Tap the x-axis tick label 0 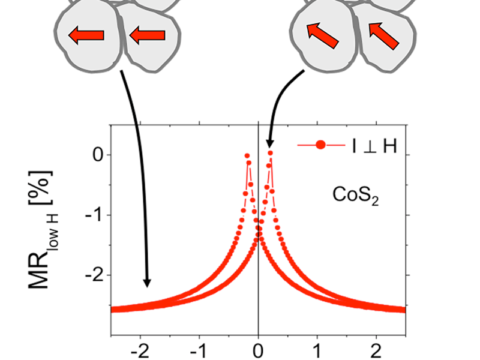click(259, 349)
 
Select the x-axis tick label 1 click(317, 349)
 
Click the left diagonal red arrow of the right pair click(322, 35)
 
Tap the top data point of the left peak click(247, 155)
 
